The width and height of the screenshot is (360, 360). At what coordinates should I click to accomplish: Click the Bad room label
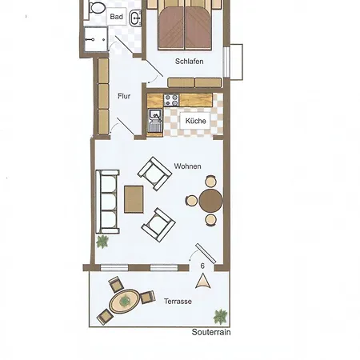(x=117, y=17)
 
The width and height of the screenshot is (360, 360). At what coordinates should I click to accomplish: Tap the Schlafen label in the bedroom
(x=190, y=62)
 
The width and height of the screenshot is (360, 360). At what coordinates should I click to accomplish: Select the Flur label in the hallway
(x=124, y=96)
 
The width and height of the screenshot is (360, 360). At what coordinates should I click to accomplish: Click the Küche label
(x=196, y=121)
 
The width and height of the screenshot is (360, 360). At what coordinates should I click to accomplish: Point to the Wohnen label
(x=187, y=166)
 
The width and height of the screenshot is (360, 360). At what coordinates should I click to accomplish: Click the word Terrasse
(x=178, y=302)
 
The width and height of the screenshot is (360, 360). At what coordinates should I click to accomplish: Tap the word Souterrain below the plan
(x=211, y=332)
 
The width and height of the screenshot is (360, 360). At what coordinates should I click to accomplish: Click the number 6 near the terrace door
(x=202, y=266)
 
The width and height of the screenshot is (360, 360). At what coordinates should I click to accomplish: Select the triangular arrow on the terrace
(x=203, y=282)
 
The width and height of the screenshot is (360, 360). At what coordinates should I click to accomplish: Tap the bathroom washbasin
(x=135, y=18)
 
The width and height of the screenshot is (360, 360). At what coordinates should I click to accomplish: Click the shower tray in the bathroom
(x=96, y=39)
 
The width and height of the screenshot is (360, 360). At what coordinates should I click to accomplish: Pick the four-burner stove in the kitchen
(x=171, y=100)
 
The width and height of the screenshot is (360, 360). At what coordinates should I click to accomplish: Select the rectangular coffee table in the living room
(x=134, y=199)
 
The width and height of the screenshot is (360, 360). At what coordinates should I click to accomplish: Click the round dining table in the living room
(x=210, y=201)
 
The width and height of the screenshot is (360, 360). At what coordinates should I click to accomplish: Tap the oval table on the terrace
(x=125, y=302)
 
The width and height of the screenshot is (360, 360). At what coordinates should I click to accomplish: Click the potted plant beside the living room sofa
(x=102, y=242)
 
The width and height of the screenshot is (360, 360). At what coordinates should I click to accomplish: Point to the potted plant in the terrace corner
(x=221, y=317)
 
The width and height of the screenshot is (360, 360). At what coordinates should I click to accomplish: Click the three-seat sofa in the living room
(x=107, y=202)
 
